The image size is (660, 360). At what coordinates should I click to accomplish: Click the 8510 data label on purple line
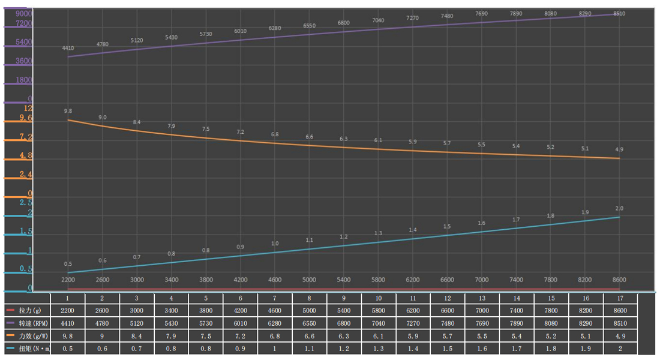click(619, 13)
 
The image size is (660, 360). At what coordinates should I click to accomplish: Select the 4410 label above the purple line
click(68, 48)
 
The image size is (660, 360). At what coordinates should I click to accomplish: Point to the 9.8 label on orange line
click(68, 111)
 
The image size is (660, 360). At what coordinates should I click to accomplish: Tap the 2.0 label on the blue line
click(619, 208)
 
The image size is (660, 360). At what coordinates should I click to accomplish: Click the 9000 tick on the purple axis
click(24, 14)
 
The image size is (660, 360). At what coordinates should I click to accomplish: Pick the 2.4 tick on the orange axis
click(25, 175)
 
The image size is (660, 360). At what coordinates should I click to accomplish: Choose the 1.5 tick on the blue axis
click(25, 231)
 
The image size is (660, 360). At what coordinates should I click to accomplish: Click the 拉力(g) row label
click(29, 311)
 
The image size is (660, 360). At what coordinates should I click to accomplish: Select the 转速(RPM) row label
click(32, 324)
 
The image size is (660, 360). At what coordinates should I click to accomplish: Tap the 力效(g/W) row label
click(32, 337)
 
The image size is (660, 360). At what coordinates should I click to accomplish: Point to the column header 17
click(619, 298)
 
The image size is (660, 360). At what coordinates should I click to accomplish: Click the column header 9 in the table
click(344, 298)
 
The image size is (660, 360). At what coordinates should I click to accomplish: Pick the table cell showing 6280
click(275, 324)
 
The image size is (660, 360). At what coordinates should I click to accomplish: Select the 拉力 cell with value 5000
click(309, 311)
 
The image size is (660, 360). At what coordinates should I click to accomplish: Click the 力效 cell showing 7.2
click(240, 337)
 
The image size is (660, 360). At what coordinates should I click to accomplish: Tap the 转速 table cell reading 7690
click(481, 324)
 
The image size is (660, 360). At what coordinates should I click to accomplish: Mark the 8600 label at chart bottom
click(619, 280)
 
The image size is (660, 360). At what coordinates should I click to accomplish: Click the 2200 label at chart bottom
click(68, 280)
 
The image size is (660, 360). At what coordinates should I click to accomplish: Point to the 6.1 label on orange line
click(378, 140)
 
